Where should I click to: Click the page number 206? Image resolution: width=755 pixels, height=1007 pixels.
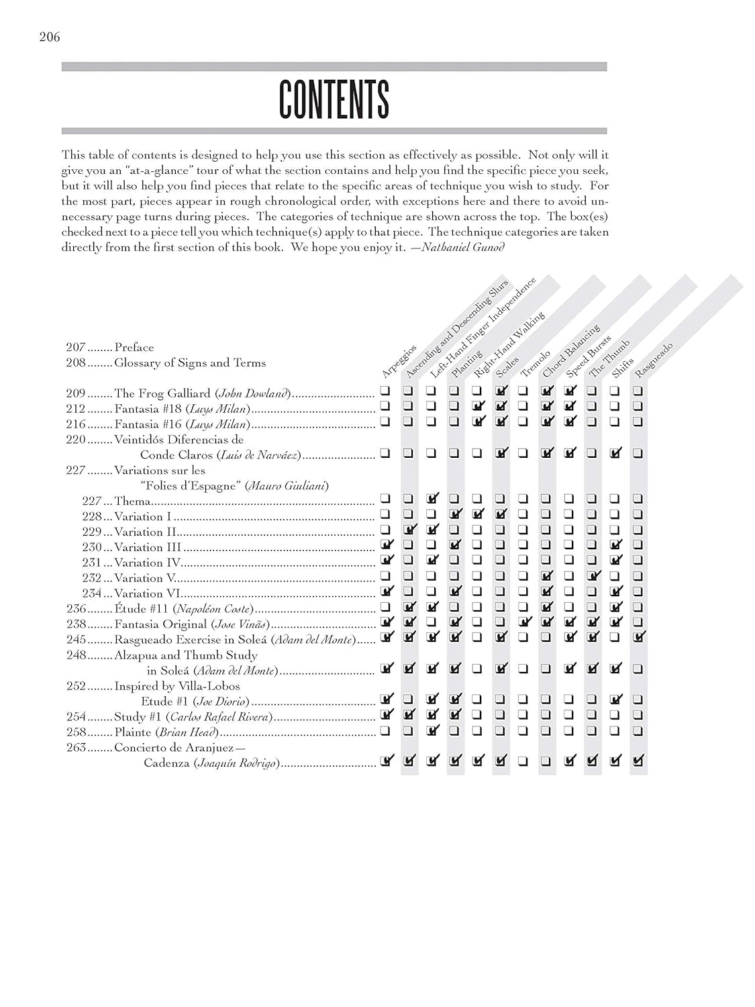(x=50, y=37)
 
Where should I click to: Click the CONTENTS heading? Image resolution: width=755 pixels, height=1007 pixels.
(x=334, y=99)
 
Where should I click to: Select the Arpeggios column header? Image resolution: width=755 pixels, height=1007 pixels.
(x=399, y=362)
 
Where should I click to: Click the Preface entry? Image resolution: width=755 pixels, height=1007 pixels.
(x=134, y=347)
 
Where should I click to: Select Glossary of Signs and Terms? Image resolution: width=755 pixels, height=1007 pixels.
(x=190, y=363)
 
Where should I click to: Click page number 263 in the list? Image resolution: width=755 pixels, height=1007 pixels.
(x=76, y=747)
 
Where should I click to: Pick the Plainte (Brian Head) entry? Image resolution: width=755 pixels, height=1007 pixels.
(x=168, y=732)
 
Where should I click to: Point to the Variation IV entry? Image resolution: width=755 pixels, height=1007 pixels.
(x=148, y=563)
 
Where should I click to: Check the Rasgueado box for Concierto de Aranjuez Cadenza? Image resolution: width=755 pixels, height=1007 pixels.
(x=638, y=761)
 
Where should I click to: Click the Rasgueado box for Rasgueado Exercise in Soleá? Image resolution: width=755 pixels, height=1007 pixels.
(x=638, y=637)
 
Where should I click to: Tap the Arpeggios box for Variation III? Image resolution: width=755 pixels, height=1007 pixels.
(x=386, y=544)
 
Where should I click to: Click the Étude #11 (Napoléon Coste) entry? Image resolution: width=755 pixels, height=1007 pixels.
(x=185, y=609)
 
